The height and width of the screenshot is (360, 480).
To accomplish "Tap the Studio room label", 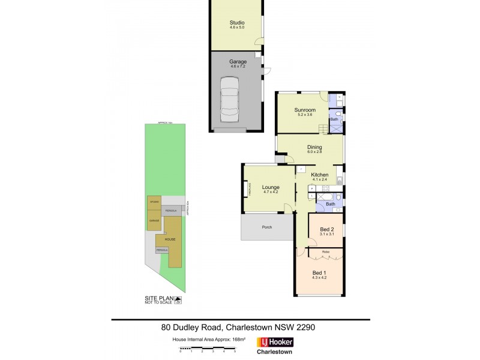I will coord(237,23).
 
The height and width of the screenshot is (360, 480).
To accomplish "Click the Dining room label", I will coord(314,147).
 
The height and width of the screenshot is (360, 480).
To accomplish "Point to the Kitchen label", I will coord(319,175).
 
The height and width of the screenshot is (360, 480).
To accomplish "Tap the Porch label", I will coord(268,227).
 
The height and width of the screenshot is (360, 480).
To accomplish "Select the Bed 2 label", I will coord(327,229).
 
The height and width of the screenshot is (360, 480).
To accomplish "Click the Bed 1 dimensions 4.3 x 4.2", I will coord(319,277).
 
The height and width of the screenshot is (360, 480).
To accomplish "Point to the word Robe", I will coord(326,251).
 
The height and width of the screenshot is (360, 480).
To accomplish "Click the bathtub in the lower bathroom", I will coord(325,196).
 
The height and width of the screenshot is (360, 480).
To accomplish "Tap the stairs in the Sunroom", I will coord(323,127).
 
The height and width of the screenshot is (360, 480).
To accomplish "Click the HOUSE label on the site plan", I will coord(170,239).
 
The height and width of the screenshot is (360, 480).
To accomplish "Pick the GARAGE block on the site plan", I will coord(154,220).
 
